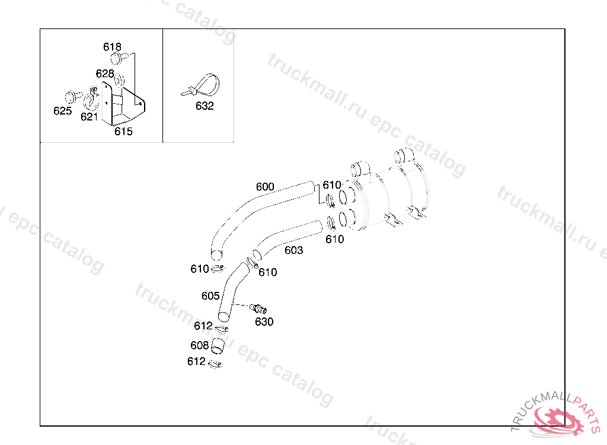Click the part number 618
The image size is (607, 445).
pyautogui.click(x=112, y=47)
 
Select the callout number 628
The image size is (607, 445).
pyautogui.click(x=105, y=74)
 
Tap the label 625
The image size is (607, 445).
pyautogui.click(x=63, y=111)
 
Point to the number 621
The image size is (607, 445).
pyautogui.click(x=89, y=117)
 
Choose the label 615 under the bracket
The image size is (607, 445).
pyautogui.click(x=123, y=131)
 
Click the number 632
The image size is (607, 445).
pyautogui.click(x=205, y=106)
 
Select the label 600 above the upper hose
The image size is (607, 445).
pyautogui.click(x=265, y=187)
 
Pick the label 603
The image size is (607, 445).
pyautogui.click(x=294, y=250)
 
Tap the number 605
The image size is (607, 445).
pyautogui.click(x=210, y=296)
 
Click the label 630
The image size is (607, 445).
pyautogui.click(x=264, y=322)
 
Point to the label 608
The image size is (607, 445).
pyautogui.click(x=199, y=345)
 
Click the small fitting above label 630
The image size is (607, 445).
pyautogui.click(x=258, y=309)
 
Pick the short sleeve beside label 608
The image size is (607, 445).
pyautogui.click(x=218, y=346)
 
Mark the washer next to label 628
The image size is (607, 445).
pyautogui.click(x=120, y=80)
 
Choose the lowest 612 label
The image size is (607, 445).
pyautogui.click(x=196, y=361)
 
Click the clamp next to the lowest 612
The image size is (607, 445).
pyautogui.click(x=215, y=364)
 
